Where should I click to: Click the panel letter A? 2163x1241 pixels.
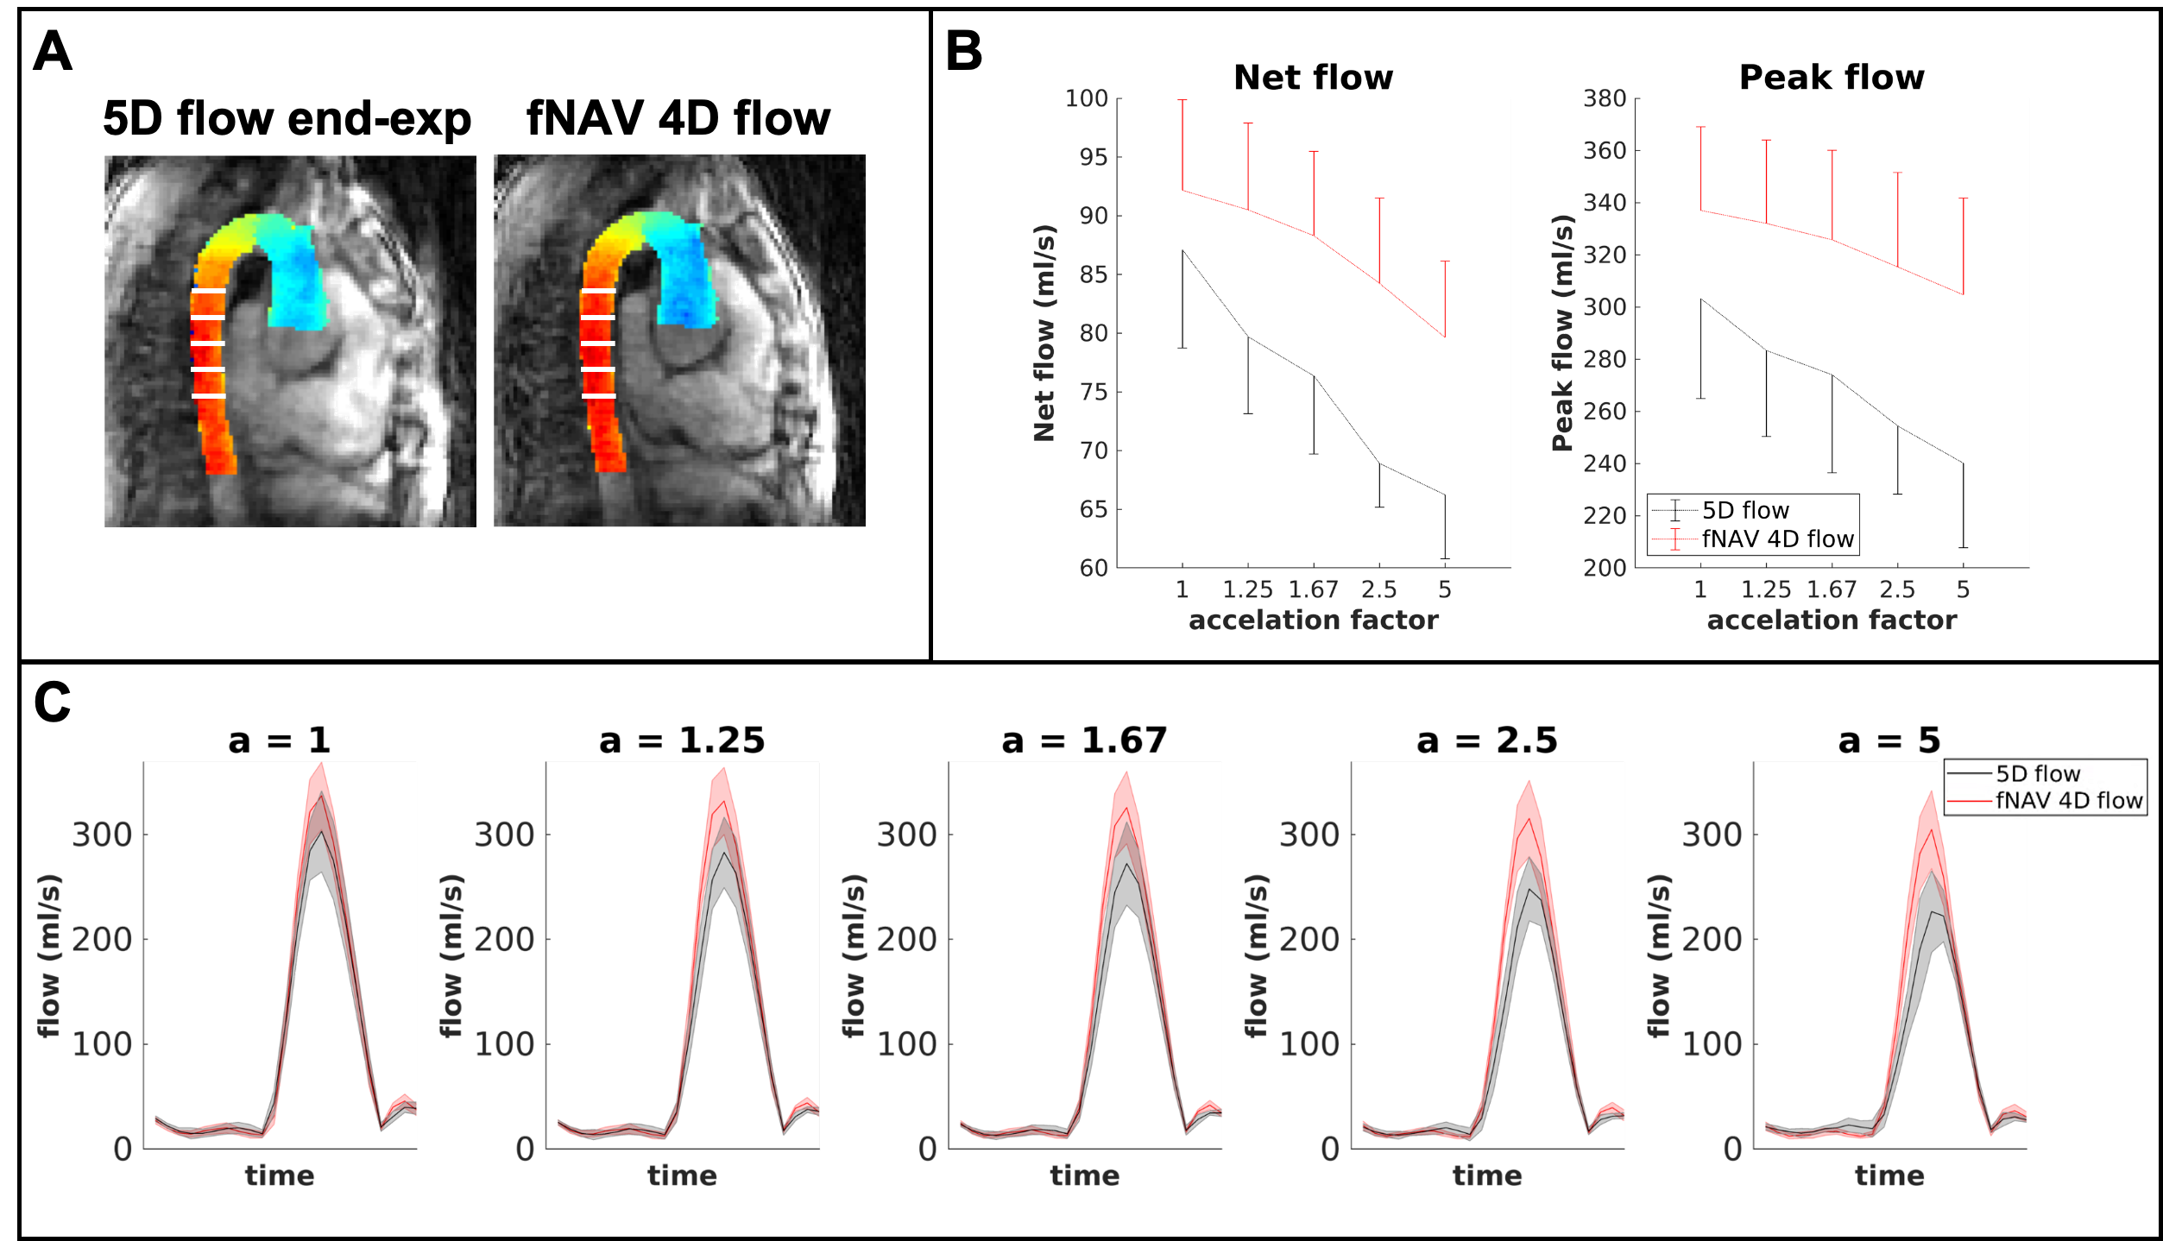pyautogui.click(x=52, y=52)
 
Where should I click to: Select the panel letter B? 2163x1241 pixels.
pyautogui.click(x=963, y=52)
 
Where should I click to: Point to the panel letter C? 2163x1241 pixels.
pyautogui.click(x=52, y=702)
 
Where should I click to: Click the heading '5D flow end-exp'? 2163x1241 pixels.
pyautogui.click(x=287, y=118)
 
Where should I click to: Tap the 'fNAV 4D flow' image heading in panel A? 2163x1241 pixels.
pyautogui.click(x=678, y=118)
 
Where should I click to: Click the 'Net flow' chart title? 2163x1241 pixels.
pyautogui.click(x=1313, y=78)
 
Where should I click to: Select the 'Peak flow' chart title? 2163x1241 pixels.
pyautogui.click(x=1832, y=78)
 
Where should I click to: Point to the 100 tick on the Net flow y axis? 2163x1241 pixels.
pyautogui.click(x=1086, y=98)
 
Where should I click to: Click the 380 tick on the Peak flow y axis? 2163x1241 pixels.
pyautogui.click(x=1604, y=98)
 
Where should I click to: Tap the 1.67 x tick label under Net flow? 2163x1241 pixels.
pyautogui.click(x=1313, y=589)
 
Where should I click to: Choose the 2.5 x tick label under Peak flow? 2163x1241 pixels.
pyautogui.click(x=1897, y=589)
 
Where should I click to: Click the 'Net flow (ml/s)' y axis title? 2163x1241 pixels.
pyautogui.click(x=1044, y=333)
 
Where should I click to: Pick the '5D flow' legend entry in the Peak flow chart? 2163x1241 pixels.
pyautogui.click(x=1745, y=510)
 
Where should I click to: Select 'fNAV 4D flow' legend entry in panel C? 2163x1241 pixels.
pyautogui.click(x=2068, y=800)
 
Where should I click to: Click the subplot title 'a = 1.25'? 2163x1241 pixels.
pyautogui.click(x=682, y=740)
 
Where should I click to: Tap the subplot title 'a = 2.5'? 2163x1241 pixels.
pyautogui.click(x=1486, y=740)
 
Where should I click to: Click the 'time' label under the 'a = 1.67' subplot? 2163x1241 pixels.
pyautogui.click(x=1084, y=1175)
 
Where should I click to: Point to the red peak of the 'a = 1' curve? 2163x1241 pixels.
pyautogui.click(x=322, y=795)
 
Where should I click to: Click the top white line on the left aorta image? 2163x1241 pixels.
pyautogui.click(x=208, y=292)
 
